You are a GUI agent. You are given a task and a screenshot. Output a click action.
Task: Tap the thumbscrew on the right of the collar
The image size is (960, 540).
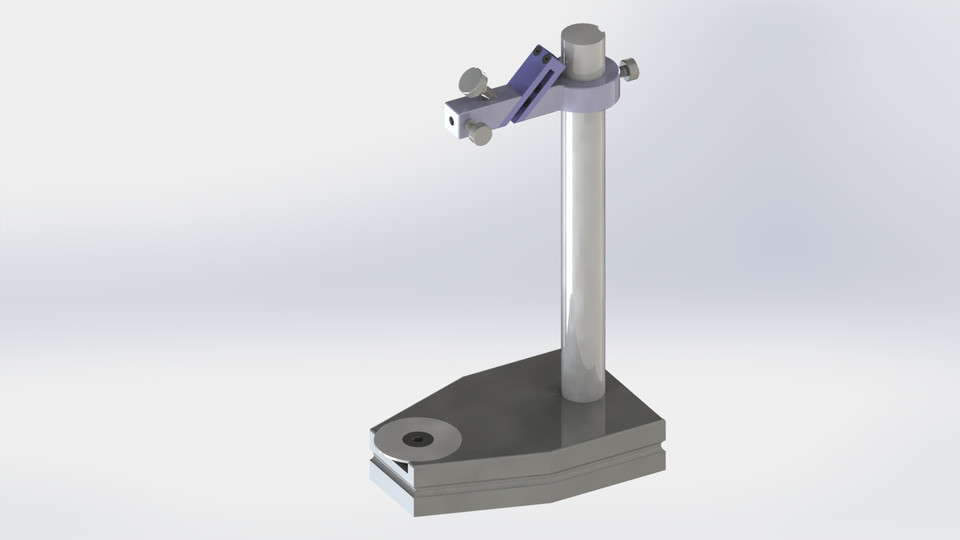630,70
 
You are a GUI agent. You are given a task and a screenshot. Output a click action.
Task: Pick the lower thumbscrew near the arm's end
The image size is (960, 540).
480,133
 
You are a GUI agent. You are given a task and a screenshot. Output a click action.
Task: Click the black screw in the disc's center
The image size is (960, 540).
413,439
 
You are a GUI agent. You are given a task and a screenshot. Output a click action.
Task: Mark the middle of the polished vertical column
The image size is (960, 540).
582,250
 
